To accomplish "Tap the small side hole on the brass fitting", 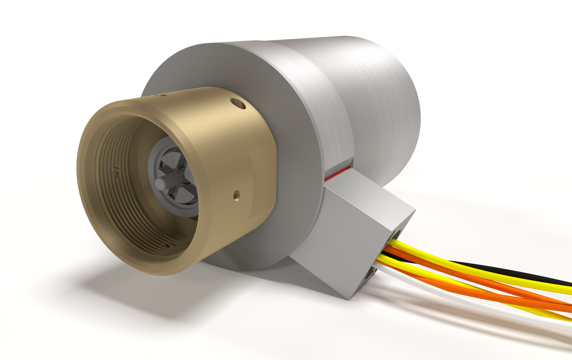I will click(236, 195).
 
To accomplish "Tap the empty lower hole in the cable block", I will click(370, 274).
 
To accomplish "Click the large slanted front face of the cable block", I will click(338, 246).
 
